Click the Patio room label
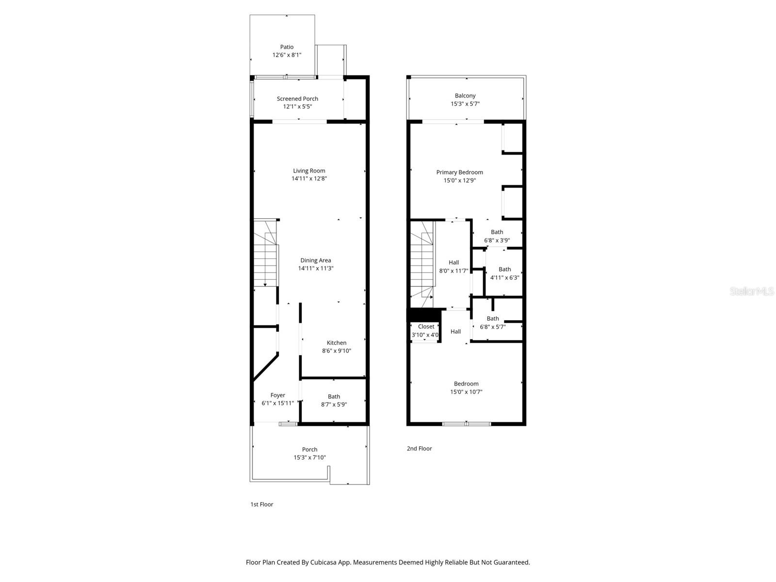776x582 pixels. point(287,47)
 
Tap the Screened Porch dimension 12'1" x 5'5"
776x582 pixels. point(297,107)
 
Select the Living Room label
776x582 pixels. point(309,171)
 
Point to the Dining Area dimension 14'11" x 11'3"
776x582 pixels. point(315,268)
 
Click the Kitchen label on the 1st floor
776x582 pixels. point(336,343)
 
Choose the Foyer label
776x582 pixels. point(277,395)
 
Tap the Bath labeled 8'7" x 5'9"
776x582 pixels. point(334,400)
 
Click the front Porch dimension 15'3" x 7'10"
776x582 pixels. point(309,457)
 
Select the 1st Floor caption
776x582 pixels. point(261,504)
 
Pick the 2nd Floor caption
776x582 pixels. point(419,449)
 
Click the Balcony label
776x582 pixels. point(465,96)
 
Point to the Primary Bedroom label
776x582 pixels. point(459,172)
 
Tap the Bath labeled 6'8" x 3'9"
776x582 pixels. point(497,236)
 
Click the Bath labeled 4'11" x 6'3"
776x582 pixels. point(504,273)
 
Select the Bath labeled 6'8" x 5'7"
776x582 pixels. point(493,323)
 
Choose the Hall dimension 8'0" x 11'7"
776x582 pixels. point(453,271)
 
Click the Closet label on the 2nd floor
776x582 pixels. point(426,326)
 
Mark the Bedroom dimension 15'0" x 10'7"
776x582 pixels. point(466,392)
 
